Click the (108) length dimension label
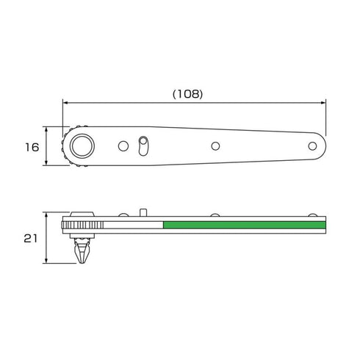pyautogui.click(x=188, y=94)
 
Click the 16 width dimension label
pyautogui.click(x=32, y=147)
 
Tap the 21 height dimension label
pyautogui.click(x=31, y=238)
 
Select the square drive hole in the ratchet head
pyautogui.click(x=82, y=146)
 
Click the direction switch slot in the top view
pyautogui.click(x=143, y=146)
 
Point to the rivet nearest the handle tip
pyautogui.click(x=312, y=146)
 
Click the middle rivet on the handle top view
pyautogui.click(x=215, y=146)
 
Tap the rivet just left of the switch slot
pyautogui.click(x=123, y=146)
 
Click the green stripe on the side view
pyautogui.click(x=245, y=225)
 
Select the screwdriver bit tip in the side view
pyautogui.click(x=82, y=251)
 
